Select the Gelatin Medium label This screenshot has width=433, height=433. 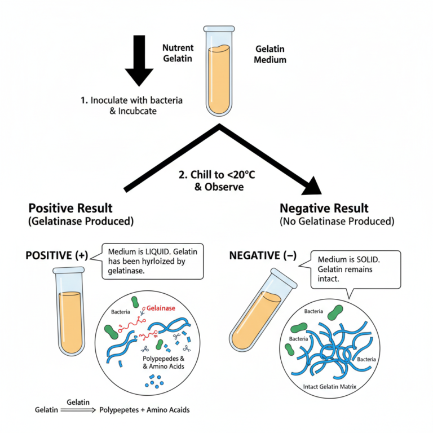(x=271, y=54)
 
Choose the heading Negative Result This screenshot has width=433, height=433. (x=324, y=208)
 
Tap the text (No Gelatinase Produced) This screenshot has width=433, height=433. (x=337, y=222)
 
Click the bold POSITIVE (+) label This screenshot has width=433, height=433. (x=57, y=255)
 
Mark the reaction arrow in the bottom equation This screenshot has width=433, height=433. (x=78, y=411)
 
